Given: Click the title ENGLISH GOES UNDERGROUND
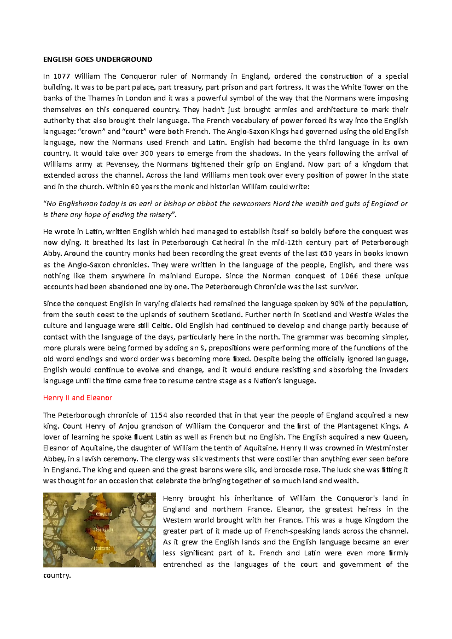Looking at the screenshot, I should coord(98,59).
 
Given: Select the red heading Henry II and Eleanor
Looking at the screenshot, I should coord(78,398).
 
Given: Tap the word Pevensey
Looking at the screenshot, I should coord(122,164).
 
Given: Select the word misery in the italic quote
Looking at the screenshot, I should coord(161,215).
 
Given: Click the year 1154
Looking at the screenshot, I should coord(159,415).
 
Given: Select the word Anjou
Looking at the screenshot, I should coord(128,426).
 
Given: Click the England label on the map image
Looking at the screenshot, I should coord(104,514).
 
